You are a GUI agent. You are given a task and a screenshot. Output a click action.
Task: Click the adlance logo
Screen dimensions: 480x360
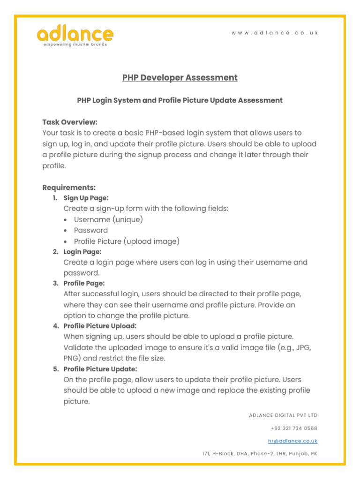pos(75,35)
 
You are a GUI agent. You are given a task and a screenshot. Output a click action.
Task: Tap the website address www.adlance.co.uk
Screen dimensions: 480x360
pos(275,33)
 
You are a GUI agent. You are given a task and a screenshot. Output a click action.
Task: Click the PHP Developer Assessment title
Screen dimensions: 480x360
pos(180,78)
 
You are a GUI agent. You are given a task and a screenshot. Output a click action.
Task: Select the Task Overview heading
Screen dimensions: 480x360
pos(70,122)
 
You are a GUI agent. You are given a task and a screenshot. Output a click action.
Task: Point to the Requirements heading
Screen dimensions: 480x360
pos(69,187)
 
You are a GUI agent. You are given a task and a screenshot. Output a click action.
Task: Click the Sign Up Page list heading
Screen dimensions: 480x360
pos(86,198)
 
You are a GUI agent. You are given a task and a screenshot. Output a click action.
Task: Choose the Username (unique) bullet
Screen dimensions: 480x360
pos(108,219)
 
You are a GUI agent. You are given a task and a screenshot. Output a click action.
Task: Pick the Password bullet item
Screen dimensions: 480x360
pos(90,230)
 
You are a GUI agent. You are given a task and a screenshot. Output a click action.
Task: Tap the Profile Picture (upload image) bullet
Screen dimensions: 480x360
pos(127,241)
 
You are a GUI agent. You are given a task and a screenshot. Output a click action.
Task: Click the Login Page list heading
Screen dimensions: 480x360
pos(82,252)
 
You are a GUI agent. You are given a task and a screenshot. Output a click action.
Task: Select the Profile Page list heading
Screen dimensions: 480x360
pos(84,283)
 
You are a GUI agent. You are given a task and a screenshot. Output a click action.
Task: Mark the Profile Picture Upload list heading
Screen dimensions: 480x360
pos(100,326)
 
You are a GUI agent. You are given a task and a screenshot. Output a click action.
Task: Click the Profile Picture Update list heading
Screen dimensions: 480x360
pos(100,369)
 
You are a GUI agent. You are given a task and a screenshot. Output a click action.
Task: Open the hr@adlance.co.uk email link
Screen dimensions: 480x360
pos(292,441)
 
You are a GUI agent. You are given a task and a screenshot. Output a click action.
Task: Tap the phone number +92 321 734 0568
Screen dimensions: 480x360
pos(294,428)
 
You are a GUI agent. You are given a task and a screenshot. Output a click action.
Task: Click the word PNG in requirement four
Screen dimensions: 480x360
pos(72,358)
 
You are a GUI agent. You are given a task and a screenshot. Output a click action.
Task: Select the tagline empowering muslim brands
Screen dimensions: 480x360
pos(75,45)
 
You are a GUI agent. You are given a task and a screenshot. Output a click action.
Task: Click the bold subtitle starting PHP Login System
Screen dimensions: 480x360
pos(180,100)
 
